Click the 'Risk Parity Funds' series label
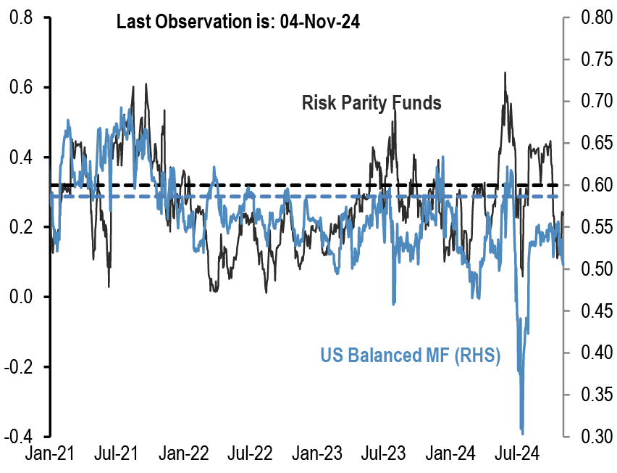point(372,103)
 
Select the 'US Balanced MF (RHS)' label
point(410,355)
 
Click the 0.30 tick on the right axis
point(592,437)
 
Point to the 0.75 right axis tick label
point(592,59)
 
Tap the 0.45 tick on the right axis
point(592,311)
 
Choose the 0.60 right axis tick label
point(592,185)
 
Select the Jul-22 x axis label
point(252,455)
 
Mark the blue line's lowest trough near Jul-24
point(522,432)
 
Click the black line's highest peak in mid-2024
point(504,73)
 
